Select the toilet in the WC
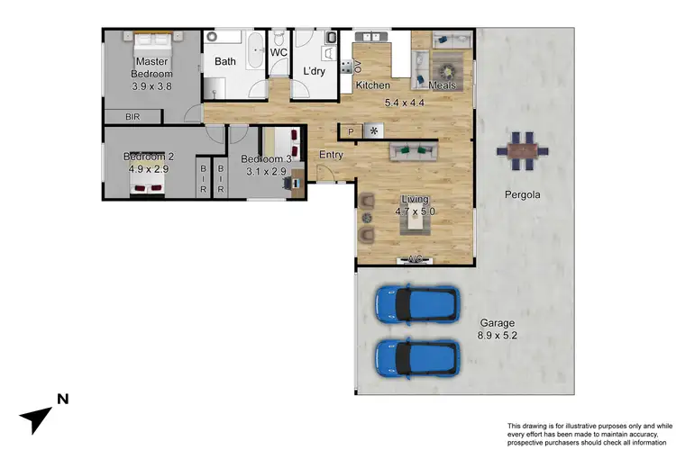(279, 39)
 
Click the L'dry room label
(314, 71)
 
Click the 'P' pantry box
(351, 131)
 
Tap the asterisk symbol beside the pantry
(374, 131)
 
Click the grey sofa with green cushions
(413, 151)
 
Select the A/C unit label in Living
(416, 260)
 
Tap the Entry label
(332, 156)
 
